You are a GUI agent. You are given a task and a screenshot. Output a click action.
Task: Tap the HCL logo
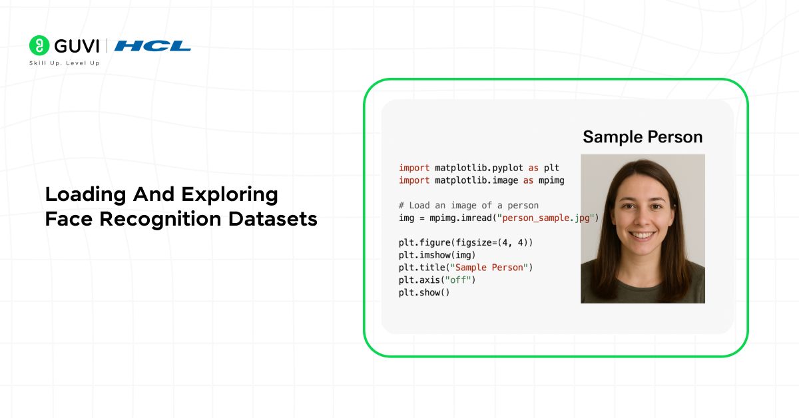coord(152,46)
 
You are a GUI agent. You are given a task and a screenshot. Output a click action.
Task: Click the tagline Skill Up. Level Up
coord(64,63)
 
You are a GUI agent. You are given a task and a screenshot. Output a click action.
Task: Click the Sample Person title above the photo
coord(643,137)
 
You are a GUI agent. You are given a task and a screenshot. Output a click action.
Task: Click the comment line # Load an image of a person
coord(469,205)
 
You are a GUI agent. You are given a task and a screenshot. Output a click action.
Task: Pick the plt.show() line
coord(424,292)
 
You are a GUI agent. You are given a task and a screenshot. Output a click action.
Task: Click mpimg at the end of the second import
coord(550,180)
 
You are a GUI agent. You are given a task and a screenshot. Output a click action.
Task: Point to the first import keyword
coord(414,168)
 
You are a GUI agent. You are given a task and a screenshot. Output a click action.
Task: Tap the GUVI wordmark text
coord(77,46)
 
